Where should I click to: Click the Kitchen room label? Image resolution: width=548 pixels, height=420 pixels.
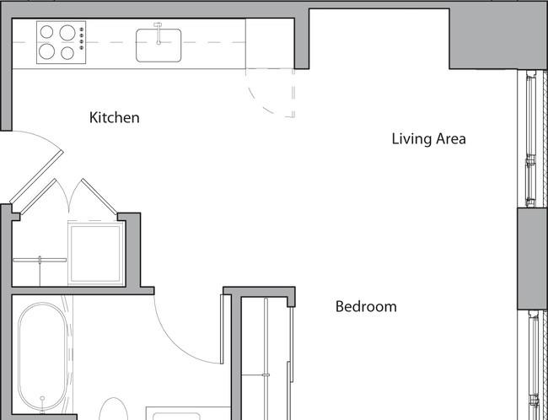pos(115,117)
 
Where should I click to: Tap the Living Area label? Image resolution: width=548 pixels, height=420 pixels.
pos(428,139)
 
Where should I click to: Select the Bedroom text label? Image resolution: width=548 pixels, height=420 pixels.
pos(366,307)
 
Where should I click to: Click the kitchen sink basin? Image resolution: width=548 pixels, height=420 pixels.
pos(158,46)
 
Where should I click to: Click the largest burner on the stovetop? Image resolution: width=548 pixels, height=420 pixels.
pos(67,33)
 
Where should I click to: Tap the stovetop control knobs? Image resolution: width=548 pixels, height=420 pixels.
pos(82,39)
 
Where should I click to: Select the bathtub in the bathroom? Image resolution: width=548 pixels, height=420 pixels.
pos(42,356)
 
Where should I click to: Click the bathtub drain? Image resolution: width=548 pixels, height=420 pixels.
pos(42,398)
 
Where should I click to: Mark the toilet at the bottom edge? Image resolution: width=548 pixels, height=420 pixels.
pos(113,412)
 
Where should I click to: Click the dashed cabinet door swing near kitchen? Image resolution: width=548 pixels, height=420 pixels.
pos(267,101)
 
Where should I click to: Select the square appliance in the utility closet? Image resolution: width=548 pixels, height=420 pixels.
pos(96,253)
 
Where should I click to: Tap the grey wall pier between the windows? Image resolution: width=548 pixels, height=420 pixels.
pos(532,259)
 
